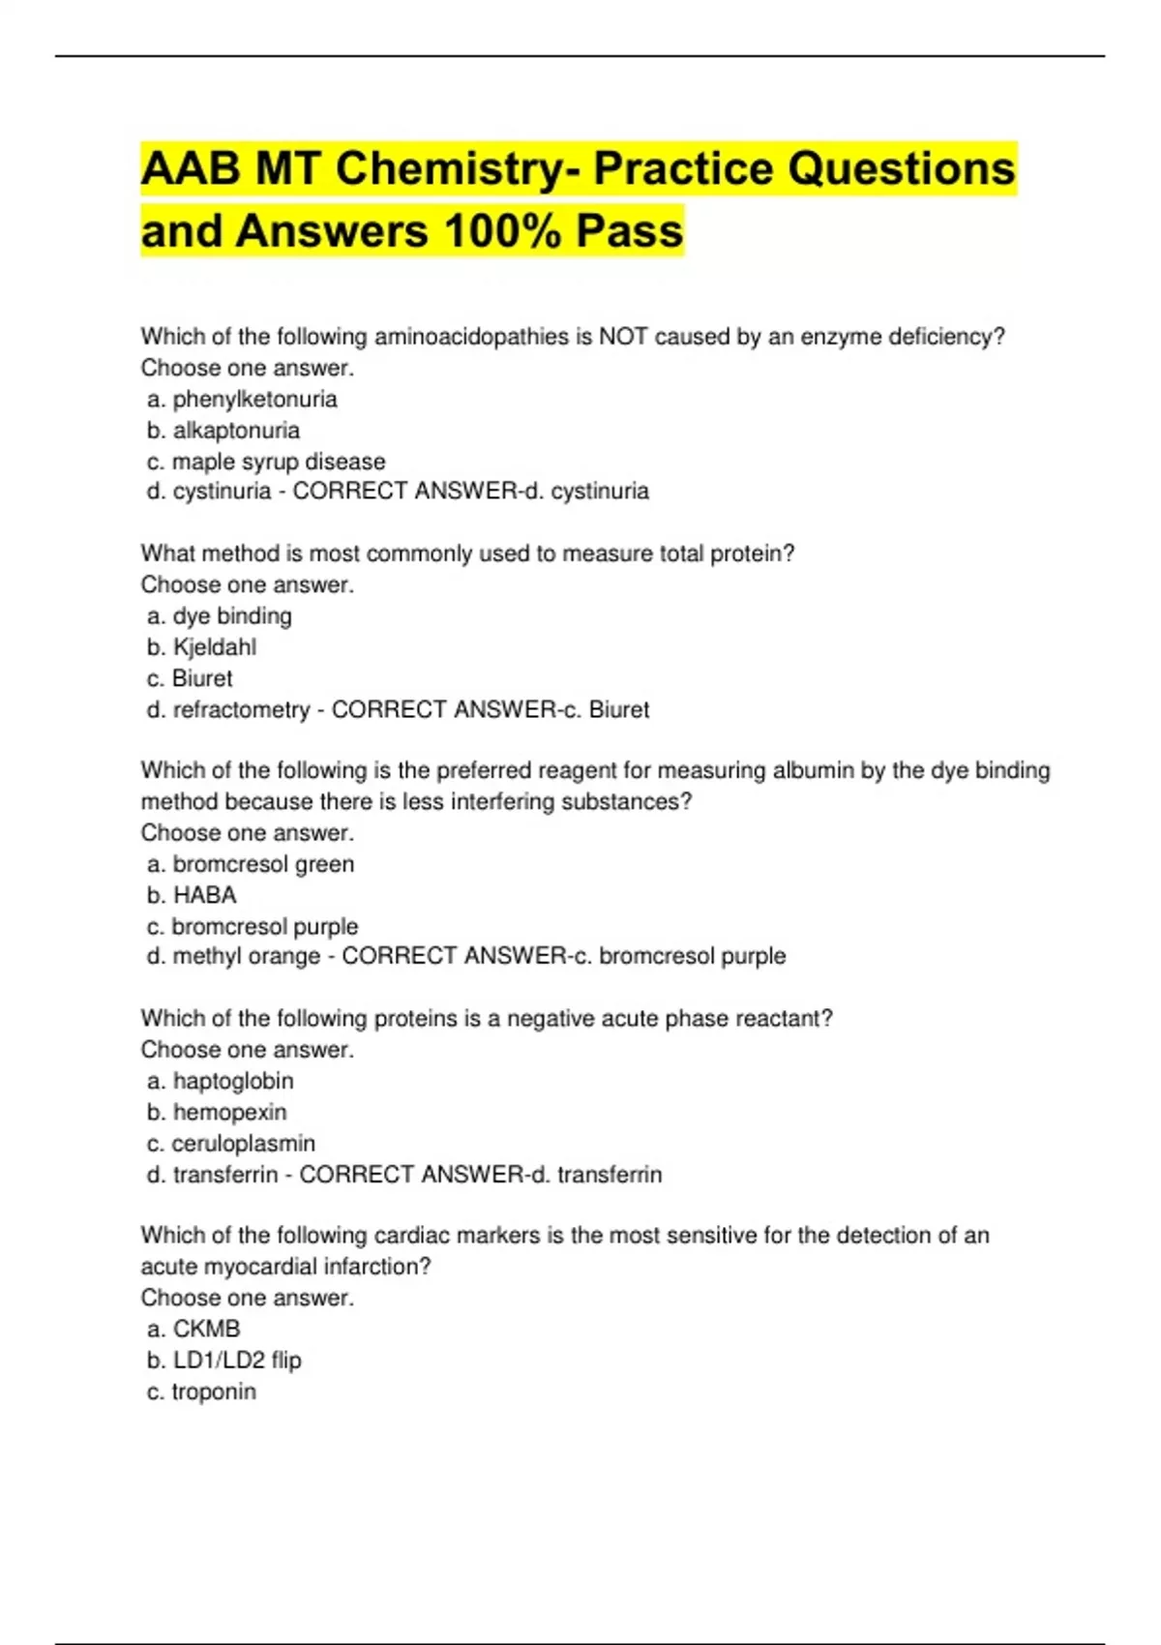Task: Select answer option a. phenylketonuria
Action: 242,399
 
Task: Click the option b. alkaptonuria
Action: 223,430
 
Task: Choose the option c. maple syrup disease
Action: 266,462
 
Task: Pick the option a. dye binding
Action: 220,615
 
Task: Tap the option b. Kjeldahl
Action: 202,646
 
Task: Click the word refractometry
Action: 241,709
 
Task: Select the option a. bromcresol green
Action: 251,863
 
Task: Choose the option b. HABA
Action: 192,894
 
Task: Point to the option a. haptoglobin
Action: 221,1080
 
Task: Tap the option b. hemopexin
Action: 217,1112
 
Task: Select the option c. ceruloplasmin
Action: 231,1143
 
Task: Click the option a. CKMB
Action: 193,1329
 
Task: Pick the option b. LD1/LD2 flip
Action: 224,1360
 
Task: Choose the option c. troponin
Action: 201,1391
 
